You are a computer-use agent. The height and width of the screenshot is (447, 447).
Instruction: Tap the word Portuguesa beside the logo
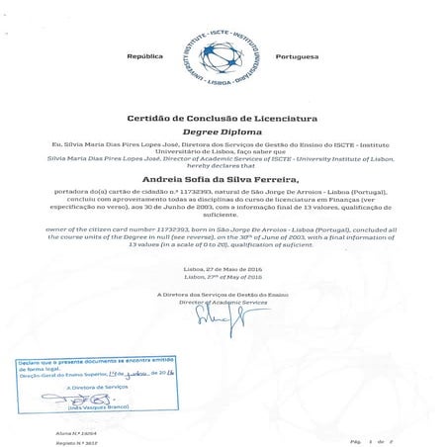(298, 58)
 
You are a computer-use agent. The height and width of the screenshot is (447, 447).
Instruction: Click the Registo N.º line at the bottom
(34, 442)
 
